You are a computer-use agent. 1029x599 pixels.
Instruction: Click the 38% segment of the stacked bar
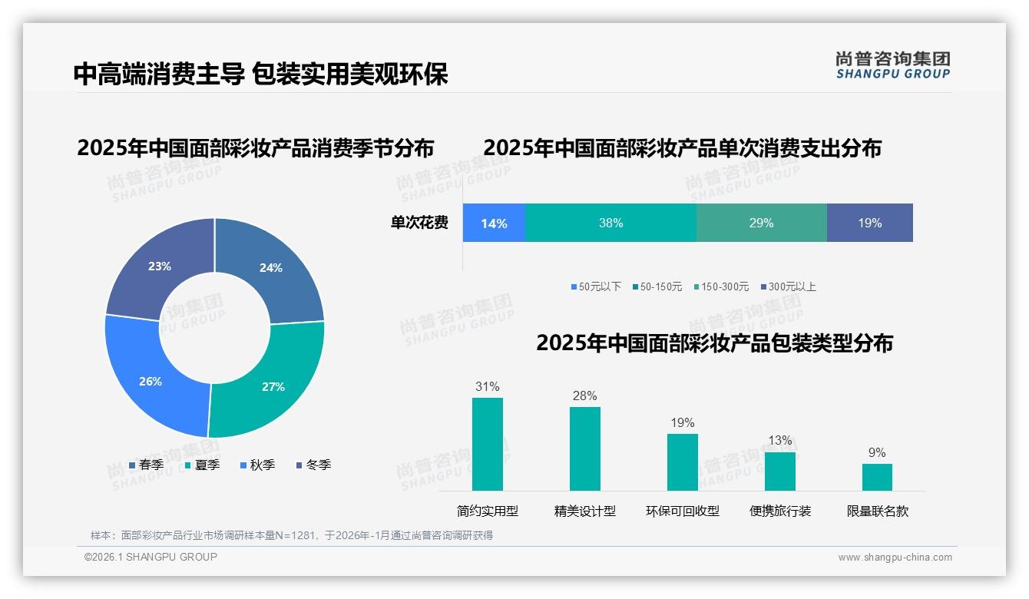pos(610,223)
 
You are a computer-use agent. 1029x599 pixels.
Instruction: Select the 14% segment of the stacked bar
pos(494,223)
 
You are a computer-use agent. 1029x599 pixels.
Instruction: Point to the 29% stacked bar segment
pos(761,223)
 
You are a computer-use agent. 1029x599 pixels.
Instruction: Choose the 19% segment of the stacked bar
pos(869,223)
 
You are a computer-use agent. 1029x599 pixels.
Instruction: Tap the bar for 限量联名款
pos(877,477)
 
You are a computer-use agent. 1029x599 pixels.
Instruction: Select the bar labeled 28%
pos(585,448)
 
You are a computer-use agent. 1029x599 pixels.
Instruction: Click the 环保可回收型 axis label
pos(682,511)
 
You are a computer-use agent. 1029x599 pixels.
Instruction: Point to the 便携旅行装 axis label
pos(780,511)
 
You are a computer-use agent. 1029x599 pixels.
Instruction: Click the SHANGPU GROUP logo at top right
pos(893,65)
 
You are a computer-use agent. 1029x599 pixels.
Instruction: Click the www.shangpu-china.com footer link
pos(895,557)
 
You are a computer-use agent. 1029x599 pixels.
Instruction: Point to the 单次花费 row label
pos(419,223)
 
